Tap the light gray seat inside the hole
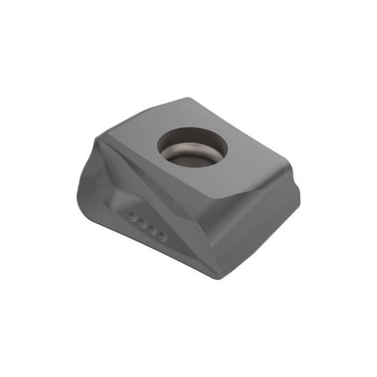tap(193, 156)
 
